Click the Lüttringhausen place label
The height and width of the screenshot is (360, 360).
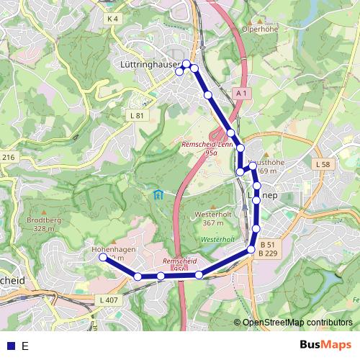[x=147, y=65]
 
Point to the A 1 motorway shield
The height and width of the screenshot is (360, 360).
[x=242, y=94]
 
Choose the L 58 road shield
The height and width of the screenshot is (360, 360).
[x=324, y=165]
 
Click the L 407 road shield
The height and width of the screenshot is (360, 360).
[x=108, y=300]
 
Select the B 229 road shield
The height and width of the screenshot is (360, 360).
[x=268, y=253]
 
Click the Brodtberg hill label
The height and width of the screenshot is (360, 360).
[x=40, y=220]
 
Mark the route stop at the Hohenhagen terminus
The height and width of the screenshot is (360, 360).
[x=102, y=257]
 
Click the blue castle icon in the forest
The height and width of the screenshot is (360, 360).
[x=158, y=194]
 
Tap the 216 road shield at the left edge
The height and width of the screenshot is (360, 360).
[x=8, y=157]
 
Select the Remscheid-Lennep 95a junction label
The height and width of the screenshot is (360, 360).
[x=212, y=148]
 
